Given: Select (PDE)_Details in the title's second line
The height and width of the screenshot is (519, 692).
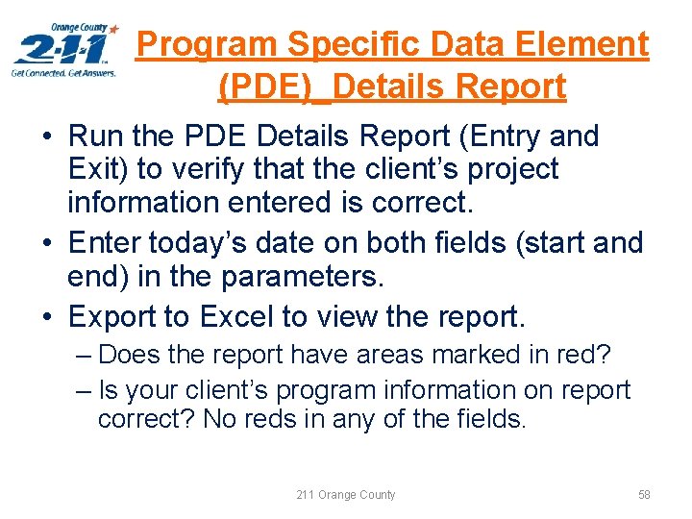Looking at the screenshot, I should point(333,86).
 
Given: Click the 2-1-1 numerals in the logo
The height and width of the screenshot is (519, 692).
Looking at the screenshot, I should point(61,49).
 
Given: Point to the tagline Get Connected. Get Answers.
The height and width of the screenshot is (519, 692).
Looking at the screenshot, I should point(63,72).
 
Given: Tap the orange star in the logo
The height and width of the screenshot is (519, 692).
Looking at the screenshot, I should point(114,30).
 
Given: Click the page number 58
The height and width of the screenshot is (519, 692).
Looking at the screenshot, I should point(644,494).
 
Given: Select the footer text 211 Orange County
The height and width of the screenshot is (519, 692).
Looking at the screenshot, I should point(346,494).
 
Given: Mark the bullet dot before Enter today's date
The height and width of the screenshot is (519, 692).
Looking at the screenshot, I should point(46,243).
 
